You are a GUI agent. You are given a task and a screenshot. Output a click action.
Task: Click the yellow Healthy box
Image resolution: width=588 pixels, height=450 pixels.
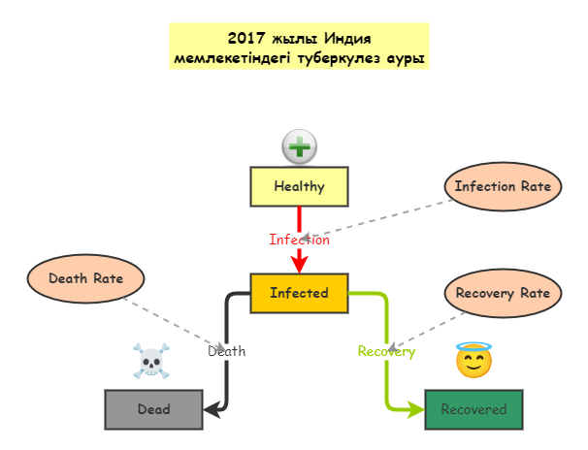click(299, 186)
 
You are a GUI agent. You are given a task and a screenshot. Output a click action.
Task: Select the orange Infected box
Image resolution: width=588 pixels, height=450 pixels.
click(299, 293)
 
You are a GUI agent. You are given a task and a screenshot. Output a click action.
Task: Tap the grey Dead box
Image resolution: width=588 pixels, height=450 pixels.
click(153, 409)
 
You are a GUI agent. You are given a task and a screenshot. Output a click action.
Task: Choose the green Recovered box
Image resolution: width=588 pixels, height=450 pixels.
click(474, 409)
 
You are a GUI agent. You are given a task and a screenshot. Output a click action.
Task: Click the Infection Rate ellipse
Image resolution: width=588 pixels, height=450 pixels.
click(503, 186)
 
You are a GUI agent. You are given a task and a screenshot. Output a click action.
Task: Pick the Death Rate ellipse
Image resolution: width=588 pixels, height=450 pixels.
click(85, 278)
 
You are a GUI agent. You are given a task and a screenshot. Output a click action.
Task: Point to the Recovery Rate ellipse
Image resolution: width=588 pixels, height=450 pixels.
click(503, 293)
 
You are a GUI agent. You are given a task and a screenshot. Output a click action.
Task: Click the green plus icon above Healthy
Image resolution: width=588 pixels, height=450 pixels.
click(299, 147)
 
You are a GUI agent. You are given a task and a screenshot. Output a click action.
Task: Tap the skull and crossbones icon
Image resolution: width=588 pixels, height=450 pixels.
click(149, 362)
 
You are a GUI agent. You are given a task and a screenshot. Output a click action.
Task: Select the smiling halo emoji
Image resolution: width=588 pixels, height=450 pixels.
click(474, 361)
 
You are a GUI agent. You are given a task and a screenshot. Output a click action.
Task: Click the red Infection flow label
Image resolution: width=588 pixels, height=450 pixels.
click(299, 240)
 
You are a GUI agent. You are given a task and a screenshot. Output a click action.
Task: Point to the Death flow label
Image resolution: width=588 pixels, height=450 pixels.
click(226, 351)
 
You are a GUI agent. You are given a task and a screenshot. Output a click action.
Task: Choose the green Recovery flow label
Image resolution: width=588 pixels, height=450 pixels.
click(386, 351)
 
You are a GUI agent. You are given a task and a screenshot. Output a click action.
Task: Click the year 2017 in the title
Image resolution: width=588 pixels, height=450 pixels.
click(247, 39)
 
